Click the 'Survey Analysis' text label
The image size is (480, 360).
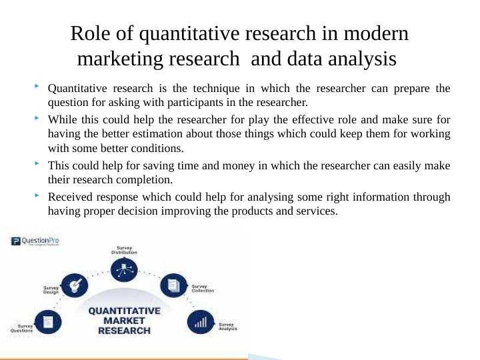point(227,326)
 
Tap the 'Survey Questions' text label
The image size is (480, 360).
point(21,328)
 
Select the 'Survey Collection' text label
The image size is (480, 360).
point(203,288)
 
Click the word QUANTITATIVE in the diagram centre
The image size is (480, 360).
point(124,310)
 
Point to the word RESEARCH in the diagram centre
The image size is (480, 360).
point(124,330)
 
